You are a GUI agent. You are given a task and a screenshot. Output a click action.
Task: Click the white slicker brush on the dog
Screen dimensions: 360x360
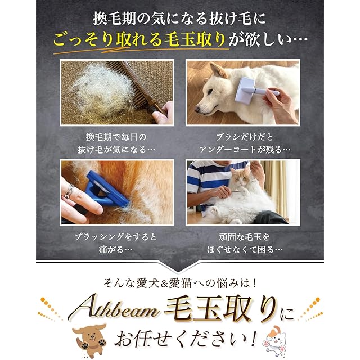pos(257,88)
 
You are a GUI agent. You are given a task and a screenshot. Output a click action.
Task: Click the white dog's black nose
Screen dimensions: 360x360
pos(197,109)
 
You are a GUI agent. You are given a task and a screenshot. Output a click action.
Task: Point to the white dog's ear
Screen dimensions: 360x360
pos(217,70)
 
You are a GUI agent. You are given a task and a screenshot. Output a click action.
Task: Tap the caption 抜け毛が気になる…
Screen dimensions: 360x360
pos(116,150)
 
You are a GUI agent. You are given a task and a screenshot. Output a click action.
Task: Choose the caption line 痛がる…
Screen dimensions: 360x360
pos(115,249)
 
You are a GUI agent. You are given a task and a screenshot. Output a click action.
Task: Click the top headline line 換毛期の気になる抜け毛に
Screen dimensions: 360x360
pos(179,19)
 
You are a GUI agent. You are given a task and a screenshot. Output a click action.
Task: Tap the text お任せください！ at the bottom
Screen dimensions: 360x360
pos(186,339)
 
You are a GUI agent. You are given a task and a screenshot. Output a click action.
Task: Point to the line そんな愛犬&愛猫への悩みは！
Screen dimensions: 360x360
pos(179,283)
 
